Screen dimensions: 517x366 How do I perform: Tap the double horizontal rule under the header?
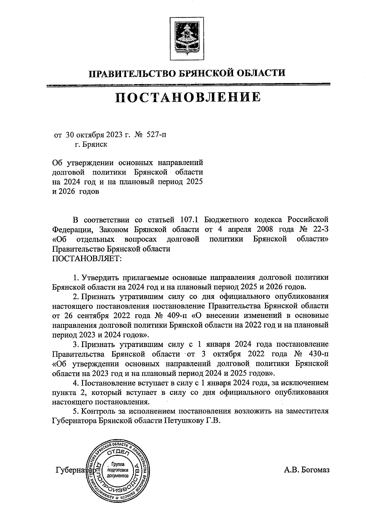coord(188,85)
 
